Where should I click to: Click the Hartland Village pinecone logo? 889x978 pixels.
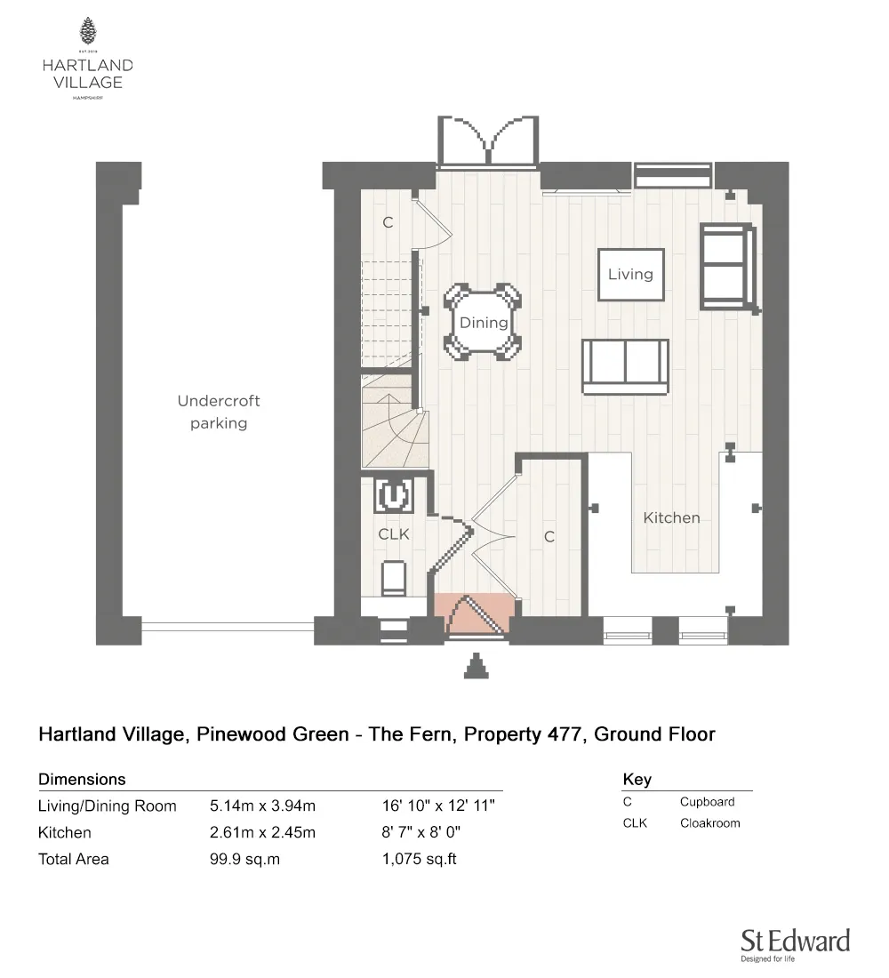(x=87, y=33)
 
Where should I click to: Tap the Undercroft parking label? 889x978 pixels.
(x=219, y=413)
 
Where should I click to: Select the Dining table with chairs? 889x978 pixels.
(x=484, y=323)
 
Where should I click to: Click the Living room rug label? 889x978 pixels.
(x=630, y=275)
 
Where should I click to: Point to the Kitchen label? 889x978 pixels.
(x=671, y=517)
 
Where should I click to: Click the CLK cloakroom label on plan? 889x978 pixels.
(x=394, y=534)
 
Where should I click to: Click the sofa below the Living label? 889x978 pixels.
(x=626, y=365)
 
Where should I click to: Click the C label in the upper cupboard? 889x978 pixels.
(x=388, y=222)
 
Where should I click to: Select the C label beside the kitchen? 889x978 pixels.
(x=549, y=537)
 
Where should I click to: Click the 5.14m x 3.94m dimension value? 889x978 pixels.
(x=263, y=806)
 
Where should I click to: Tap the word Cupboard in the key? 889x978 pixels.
(x=707, y=801)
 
